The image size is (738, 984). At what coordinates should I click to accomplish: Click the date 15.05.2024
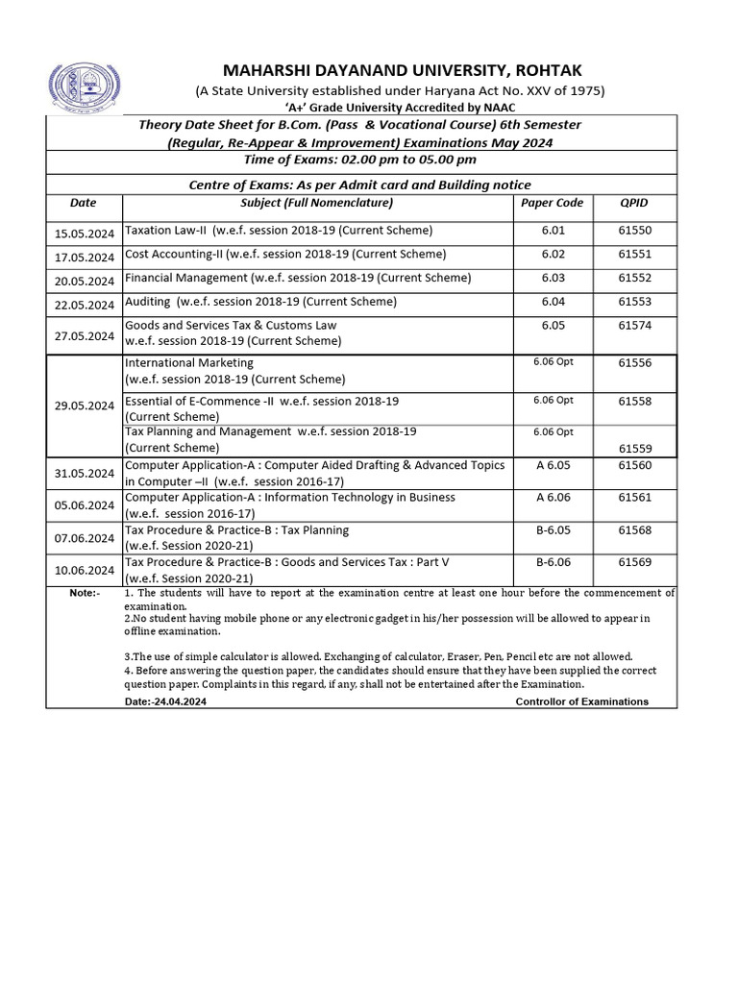tap(85, 232)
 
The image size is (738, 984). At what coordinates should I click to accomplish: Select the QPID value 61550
tap(634, 231)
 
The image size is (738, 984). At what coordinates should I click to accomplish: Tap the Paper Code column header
tap(552, 203)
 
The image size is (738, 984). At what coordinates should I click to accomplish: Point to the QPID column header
tap(634, 203)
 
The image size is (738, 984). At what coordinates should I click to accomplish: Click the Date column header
tap(84, 203)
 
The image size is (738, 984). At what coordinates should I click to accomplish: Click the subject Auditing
tap(149, 301)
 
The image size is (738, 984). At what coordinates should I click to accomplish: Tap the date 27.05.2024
tap(85, 335)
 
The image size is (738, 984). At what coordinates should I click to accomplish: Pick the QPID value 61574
tap(634, 325)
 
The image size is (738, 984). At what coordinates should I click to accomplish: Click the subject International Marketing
tap(189, 363)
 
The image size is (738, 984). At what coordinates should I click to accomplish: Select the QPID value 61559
tap(634, 448)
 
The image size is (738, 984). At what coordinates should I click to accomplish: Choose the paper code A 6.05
tap(553, 465)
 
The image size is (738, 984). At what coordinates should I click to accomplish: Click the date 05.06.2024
tap(85, 505)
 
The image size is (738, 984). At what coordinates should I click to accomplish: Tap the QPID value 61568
tap(634, 529)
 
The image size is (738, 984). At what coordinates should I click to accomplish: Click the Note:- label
tap(84, 593)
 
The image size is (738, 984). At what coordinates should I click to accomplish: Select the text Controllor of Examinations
tap(581, 701)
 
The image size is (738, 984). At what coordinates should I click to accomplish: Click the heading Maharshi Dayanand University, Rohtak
tap(402, 70)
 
